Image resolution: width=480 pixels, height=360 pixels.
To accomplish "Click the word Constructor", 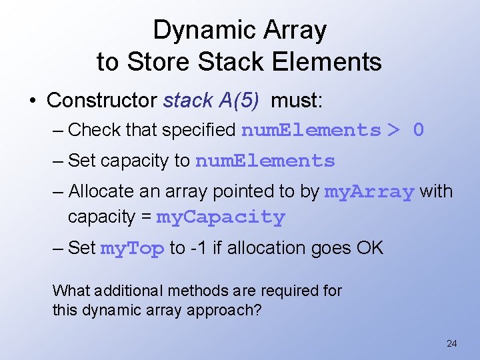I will (x=102, y=101).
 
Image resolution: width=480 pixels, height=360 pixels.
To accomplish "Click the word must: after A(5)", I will (x=297, y=101).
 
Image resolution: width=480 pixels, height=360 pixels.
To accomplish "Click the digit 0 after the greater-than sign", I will (x=418, y=130).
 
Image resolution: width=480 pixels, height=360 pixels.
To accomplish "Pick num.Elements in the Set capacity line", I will (x=265, y=161).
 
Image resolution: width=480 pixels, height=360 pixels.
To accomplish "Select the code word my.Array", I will (x=369, y=192).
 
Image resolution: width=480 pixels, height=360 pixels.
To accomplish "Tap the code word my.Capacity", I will (x=220, y=217).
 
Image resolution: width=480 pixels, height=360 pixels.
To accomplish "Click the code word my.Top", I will (x=132, y=249).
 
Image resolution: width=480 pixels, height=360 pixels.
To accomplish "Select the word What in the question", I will (x=71, y=291).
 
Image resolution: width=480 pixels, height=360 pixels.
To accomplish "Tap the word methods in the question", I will (x=200, y=291).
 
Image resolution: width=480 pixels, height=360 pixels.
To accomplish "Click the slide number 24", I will (x=451, y=344).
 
